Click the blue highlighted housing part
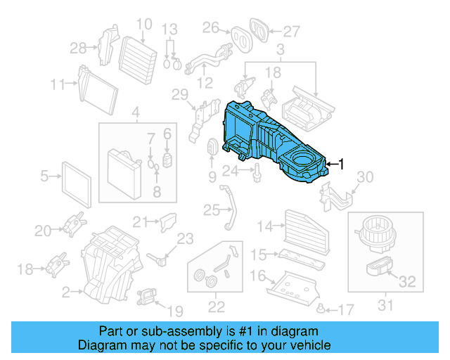coord(274,144)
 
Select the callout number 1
coord(342,165)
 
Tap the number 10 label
coord(143,25)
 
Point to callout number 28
coord(78,48)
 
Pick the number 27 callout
coord(291,31)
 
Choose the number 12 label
coord(205,83)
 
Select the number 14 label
coord(265,226)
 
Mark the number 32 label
coord(407,283)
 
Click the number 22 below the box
coord(216,306)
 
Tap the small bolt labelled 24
coord(258,170)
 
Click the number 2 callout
coord(66,290)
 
